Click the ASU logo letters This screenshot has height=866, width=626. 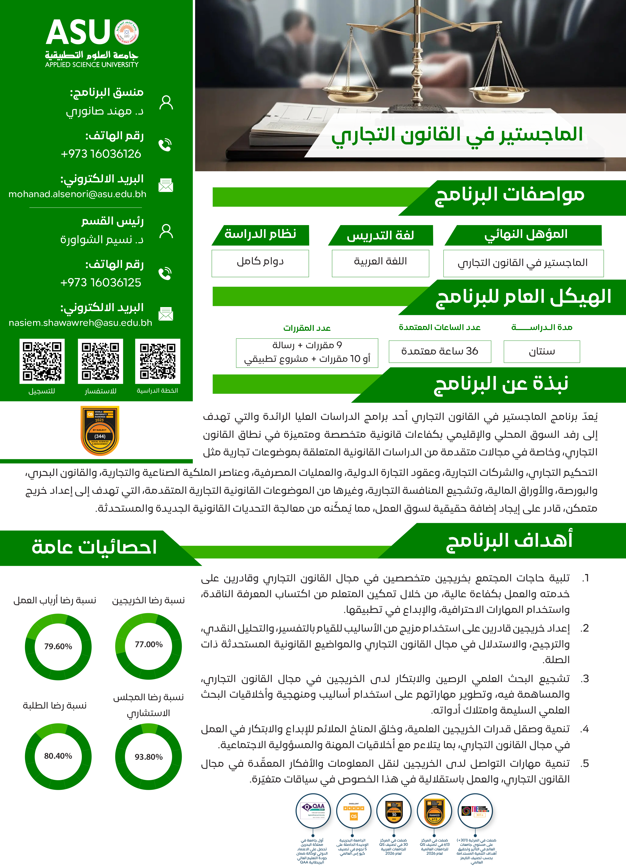coord(78,33)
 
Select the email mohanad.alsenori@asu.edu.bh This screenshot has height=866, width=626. coord(77,194)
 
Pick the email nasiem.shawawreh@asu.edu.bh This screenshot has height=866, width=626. coord(80,323)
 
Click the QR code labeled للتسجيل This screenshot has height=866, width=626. coord(42,361)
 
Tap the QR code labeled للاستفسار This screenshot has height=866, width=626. coord(100,361)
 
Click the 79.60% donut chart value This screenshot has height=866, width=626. coord(58,646)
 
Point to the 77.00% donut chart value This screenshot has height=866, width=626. coord(149,644)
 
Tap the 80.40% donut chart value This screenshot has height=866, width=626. coord(58,756)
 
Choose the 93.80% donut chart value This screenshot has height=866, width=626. coord(149,757)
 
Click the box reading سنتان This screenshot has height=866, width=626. coord(542,351)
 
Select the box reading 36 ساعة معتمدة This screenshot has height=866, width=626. coord(440,351)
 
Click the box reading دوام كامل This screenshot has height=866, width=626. coord(260,263)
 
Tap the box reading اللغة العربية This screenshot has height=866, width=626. coord(380,263)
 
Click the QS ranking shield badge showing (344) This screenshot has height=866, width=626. coord(100,431)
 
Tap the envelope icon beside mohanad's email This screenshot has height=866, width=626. coord(166,185)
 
